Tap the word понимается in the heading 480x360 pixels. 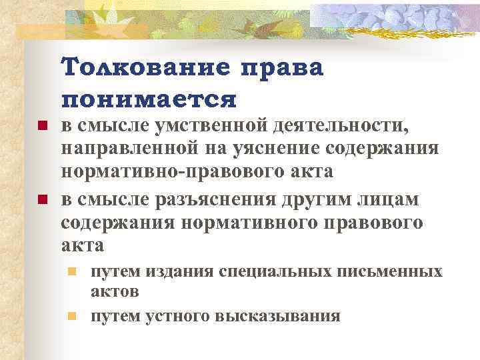149,99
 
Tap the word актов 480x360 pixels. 115,292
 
